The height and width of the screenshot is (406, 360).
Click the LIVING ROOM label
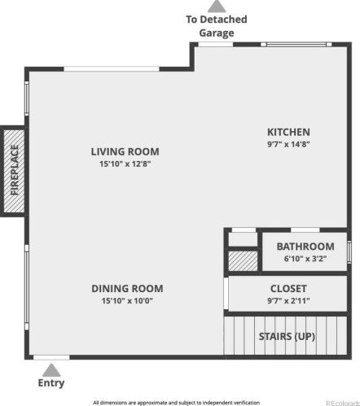pos(125,151)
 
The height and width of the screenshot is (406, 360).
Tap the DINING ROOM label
pos(127,288)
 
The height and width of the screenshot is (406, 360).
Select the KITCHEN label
pos(289,132)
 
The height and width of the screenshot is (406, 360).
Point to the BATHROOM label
pos(305,247)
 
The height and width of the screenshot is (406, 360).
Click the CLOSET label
pos(288,289)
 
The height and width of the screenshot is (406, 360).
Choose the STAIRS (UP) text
pos(287,336)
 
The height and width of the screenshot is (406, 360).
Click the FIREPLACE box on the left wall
pos(14,170)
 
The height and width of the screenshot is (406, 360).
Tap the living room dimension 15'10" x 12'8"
pos(125,164)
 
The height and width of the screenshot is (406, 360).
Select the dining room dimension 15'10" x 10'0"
pos(127,301)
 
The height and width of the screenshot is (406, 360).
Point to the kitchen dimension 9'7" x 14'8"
pos(289,144)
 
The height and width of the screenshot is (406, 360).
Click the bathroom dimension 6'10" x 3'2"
pos(305,259)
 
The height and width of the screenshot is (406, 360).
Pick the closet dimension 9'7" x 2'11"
pos(288,301)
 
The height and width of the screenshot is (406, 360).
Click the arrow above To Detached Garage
pos(216,7)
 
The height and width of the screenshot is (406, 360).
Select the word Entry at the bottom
pos(50,383)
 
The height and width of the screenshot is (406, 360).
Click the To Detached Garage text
pos(216,26)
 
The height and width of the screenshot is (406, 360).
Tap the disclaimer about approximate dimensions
pos(176,401)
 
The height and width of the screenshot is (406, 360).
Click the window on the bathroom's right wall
pos(349,251)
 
